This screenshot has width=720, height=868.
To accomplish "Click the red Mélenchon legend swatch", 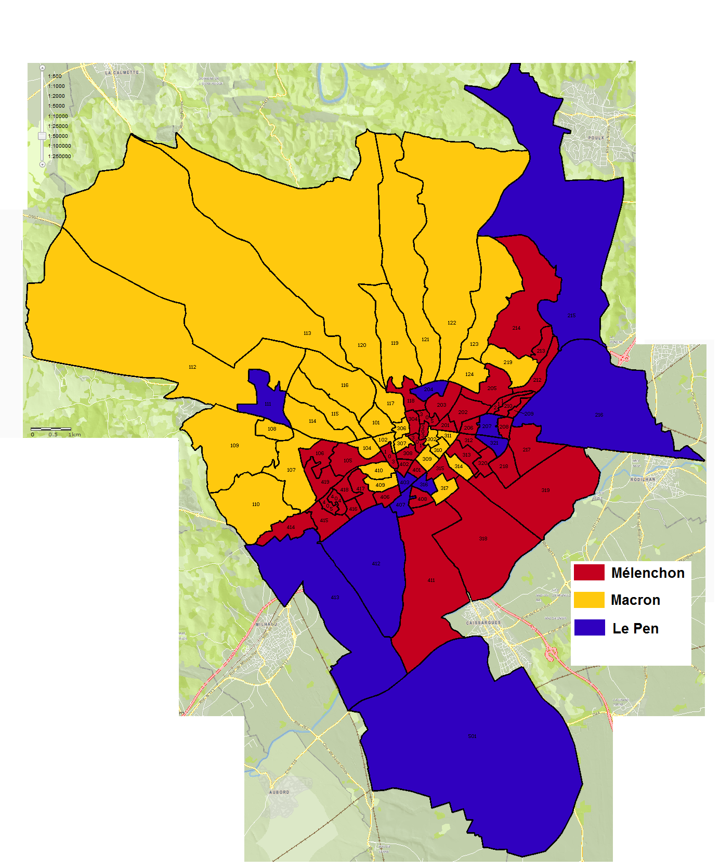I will (x=589, y=573).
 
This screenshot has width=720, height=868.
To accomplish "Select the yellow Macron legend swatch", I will (x=589, y=600).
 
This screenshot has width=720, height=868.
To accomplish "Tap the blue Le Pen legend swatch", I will (x=589, y=628).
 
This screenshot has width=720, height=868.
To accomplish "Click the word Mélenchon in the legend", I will (x=648, y=573).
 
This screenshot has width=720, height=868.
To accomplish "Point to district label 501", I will (x=472, y=736).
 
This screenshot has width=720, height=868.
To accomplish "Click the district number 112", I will (x=192, y=367).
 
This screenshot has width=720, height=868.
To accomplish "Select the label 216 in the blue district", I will (x=599, y=415).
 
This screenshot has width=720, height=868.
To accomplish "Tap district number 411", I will (x=431, y=580).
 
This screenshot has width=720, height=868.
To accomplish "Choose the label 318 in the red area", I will (x=483, y=539).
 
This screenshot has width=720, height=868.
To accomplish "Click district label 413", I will (x=335, y=598).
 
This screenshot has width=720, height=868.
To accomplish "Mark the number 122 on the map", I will (x=452, y=323).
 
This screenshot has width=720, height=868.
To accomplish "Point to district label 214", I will (x=516, y=328).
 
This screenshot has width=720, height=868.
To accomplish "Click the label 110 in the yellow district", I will (x=256, y=504).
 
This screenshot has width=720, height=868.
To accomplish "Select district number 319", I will (x=545, y=490).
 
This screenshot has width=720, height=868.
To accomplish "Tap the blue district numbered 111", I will (x=268, y=404).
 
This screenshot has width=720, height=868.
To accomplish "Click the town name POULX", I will (x=596, y=138).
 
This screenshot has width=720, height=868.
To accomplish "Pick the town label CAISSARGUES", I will (x=483, y=623).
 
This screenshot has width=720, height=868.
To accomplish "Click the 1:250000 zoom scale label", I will (x=59, y=156).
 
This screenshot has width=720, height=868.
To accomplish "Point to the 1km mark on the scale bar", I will (x=74, y=435).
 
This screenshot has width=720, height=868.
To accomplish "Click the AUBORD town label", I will (x=279, y=792).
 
